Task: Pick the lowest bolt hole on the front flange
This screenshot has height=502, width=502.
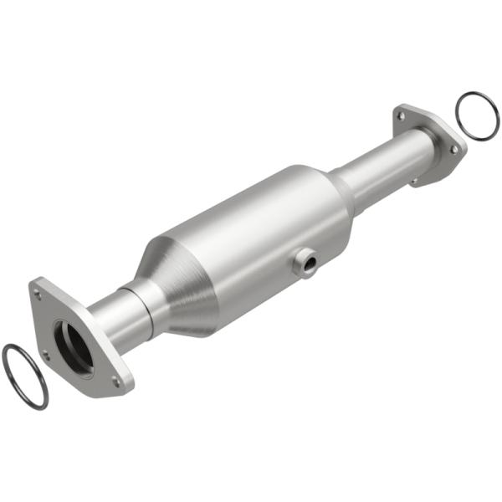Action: click(x=116, y=382)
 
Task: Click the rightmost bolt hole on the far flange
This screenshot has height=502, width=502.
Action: click(x=453, y=149)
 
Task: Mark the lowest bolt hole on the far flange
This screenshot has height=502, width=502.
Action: click(x=414, y=179)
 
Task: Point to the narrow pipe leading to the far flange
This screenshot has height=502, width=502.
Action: click(x=381, y=167)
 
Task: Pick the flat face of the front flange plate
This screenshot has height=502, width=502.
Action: click(x=92, y=368)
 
